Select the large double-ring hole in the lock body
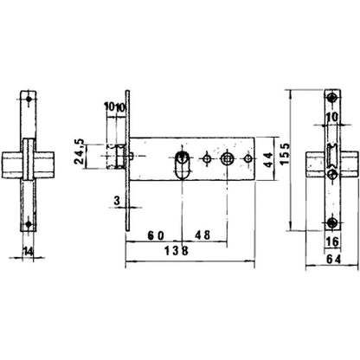tap(227, 159)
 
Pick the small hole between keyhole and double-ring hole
tap(206, 159)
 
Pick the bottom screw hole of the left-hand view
tap(29, 223)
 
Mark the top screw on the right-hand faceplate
tap(332, 96)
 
